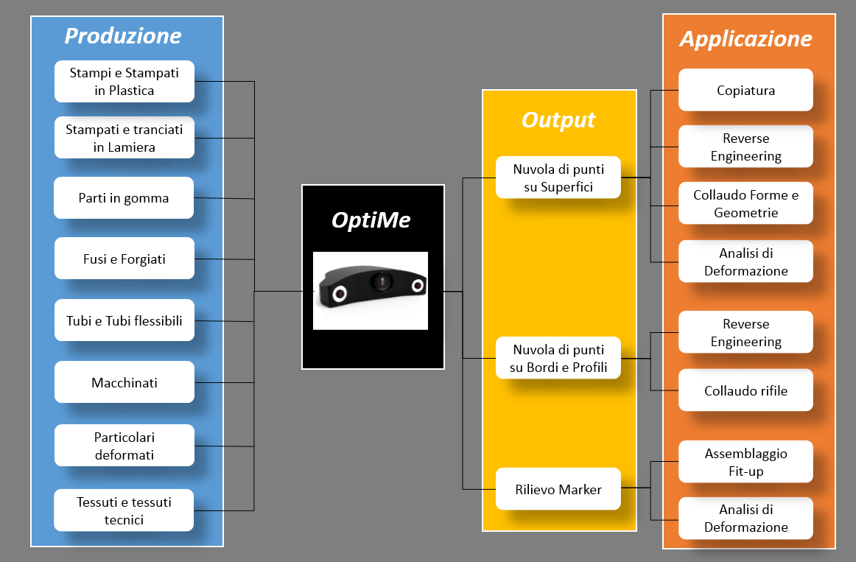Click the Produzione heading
pyautogui.click(x=123, y=36)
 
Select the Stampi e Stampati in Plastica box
pyautogui.click(x=124, y=81)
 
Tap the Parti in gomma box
pyautogui.click(x=124, y=197)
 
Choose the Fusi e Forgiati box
pyautogui.click(x=124, y=258)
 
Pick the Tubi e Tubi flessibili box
pyautogui.click(x=124, y=320)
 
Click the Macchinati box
pyautogui.click(x=124, y=382)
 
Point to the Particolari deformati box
pyautogui.click(x=124, y=445)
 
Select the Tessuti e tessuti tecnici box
pyautogui.click(x=124, y=510)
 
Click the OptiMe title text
pyautogui.click(x=371, y=220)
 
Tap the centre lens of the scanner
pyautogui.click(x=381, y=281)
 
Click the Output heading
pyautogui.click(x=558, y=119)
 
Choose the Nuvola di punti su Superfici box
pyautogui.click(x=558, y=178)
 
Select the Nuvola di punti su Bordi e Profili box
pyautogui.click(x=558, y=358)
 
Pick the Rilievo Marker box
pyautogui.click(x=558, y=489)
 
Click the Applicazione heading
pyautogui.click(x=746, y=39)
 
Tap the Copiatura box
pyautogui.click(x=746, y=90)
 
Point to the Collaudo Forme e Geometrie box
pyautogui.click(x=746, y=203)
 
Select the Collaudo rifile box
pyautogui.click(x=746, y=390)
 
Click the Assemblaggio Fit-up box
pyautogui.click(x=746, y=462)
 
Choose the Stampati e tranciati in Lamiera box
pyautogui.click(x=124, y=138)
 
